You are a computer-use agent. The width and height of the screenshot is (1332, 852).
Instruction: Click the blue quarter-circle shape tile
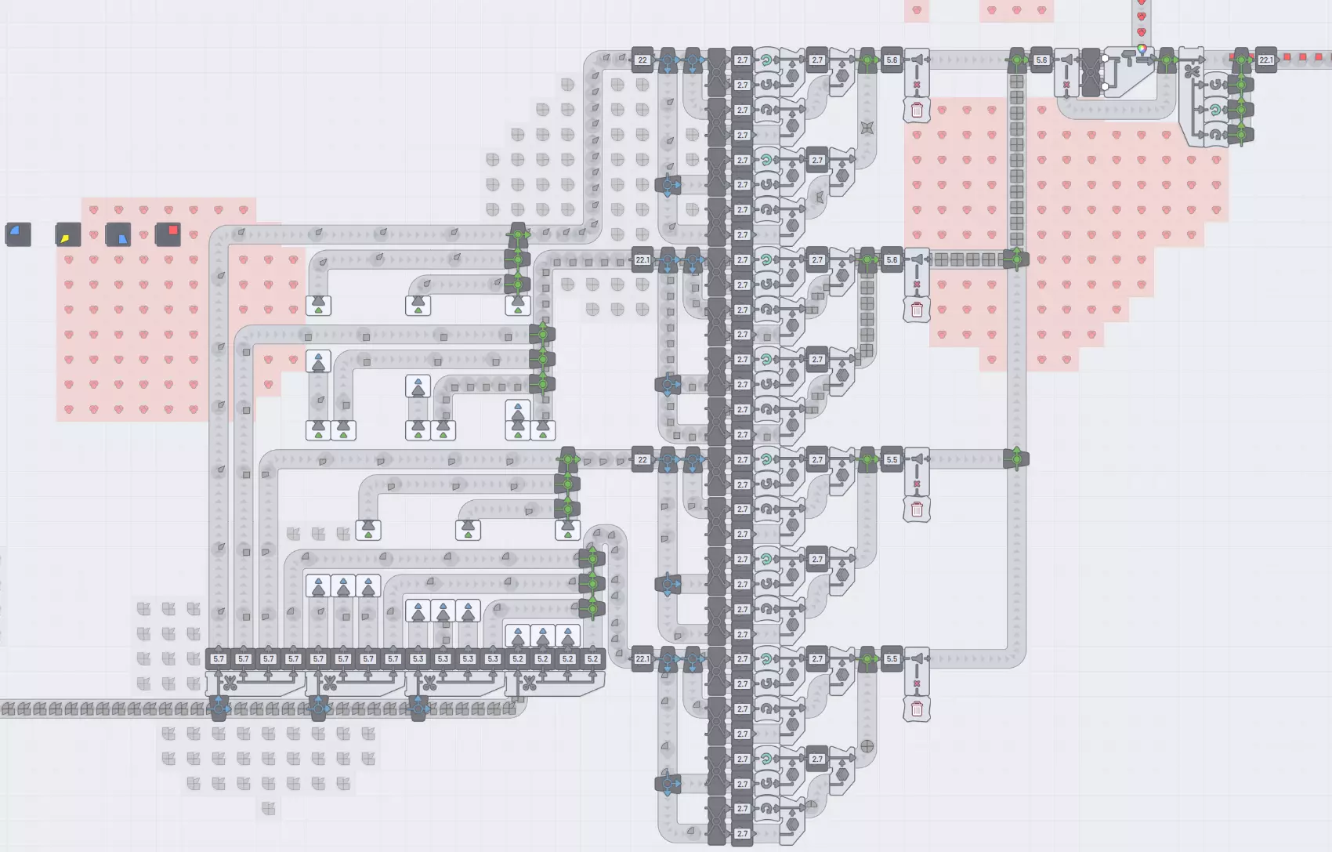(17, 234)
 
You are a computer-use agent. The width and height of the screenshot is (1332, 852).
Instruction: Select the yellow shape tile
(67, 234)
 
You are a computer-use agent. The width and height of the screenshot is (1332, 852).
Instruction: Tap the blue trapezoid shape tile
(118, 234)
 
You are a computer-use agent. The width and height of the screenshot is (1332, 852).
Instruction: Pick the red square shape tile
(168, 234)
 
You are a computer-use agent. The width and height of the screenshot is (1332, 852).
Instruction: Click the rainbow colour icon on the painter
(1142, 49)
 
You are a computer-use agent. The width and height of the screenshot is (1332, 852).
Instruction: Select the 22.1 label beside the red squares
(1265, 60)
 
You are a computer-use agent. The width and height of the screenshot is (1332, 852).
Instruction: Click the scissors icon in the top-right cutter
(1192, 72)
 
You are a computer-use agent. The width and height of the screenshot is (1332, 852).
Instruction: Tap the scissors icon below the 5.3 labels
(429, 683)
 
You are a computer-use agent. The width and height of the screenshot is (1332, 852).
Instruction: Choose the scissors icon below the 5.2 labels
(530, 683)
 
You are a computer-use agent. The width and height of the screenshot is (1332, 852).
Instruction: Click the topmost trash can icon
(917, 110)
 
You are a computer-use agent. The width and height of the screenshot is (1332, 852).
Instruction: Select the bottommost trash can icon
(917, 709)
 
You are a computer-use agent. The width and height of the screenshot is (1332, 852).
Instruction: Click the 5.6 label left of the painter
(1041, 60)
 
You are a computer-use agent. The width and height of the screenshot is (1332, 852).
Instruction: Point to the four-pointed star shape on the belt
(867, 128)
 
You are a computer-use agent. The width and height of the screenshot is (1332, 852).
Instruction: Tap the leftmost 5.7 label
(219, 659)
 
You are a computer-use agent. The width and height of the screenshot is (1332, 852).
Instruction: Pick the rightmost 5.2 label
(592, 659)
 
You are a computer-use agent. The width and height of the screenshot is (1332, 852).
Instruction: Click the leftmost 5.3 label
(418, 659)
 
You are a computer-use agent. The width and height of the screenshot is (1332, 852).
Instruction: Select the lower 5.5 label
(892, 659)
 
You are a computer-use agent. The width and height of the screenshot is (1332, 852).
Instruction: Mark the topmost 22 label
(642, 60)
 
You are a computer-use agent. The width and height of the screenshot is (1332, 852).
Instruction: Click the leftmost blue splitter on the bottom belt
(219, 709)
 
